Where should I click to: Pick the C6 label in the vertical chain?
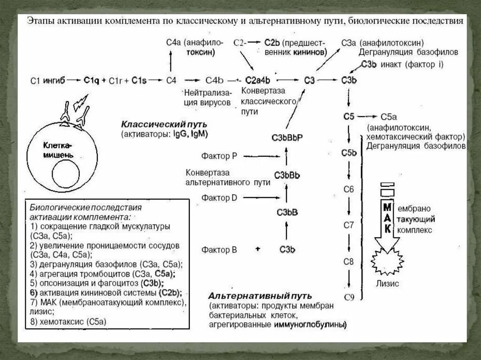click(349, 189)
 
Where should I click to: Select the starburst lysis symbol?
click(387, 262)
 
